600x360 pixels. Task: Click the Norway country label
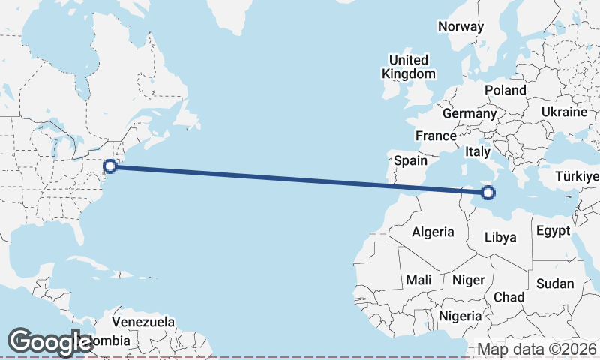click(x=460, y=26)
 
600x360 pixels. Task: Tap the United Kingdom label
click(x=408, y=67)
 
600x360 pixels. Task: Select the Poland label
click(x=505, y=90)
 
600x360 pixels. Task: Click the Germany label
click(x=469, y=114)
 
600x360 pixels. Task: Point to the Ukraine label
click(x=563, y=112)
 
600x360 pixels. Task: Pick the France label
click(x=436, y=136)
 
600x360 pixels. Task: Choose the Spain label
click(x=410, y=160)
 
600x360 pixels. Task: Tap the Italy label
click(x=478, y=151)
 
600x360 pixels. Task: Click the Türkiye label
click(x=577, y=177)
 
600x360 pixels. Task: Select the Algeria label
click(x=433, y=232)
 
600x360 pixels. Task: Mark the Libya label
click(x=500, y=237)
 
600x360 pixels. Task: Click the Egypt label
click(x=553, y=230)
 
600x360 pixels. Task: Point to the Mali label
click(x=418, y=280)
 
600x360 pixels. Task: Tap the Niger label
click(x=469, y=280)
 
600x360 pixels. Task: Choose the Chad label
click(x=508, y=297)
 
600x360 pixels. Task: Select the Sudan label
click(x=554, y=283)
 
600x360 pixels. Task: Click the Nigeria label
click(x=460, y=316)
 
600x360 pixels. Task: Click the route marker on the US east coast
click(x=110, y=166)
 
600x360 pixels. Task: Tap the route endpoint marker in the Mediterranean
click(x=488, y=193)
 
